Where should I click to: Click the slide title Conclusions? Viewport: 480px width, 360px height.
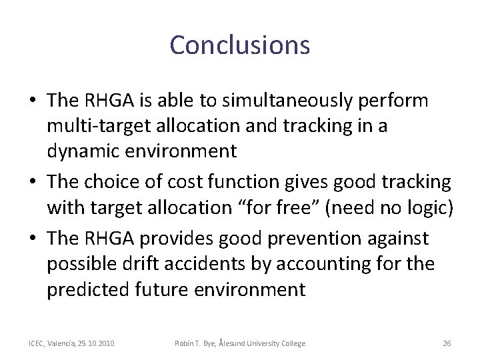coord(239,45)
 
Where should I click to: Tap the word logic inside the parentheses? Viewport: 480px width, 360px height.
coord(431,207)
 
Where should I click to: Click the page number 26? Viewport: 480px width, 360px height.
coord(447,343)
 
